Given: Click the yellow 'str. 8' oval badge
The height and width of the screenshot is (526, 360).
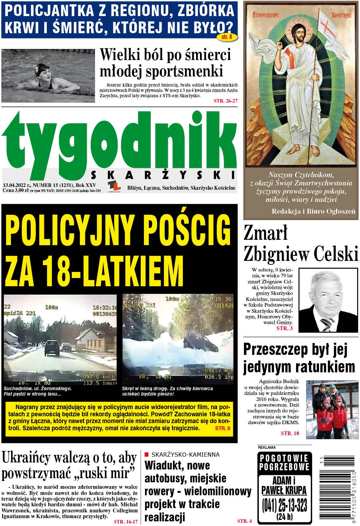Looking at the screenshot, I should [227, 37].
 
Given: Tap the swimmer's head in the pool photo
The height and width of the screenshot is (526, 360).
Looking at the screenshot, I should [42, 71].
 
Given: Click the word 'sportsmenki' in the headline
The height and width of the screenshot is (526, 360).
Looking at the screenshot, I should [161, 71].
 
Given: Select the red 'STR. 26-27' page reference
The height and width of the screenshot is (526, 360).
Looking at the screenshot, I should [225, 101].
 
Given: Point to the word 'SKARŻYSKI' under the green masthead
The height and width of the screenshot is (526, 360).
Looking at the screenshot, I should [163, 175].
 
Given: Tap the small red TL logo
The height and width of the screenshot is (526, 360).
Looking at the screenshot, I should [114, 186].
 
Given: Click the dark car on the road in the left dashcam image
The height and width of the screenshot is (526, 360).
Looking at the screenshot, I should [52, 348].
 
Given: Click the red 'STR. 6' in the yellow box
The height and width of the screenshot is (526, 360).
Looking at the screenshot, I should [222, 428].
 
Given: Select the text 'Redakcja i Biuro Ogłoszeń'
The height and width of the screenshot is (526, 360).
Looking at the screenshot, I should [313, 211].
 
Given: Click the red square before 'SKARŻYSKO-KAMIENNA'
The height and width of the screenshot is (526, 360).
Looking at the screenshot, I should [146, 455].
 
